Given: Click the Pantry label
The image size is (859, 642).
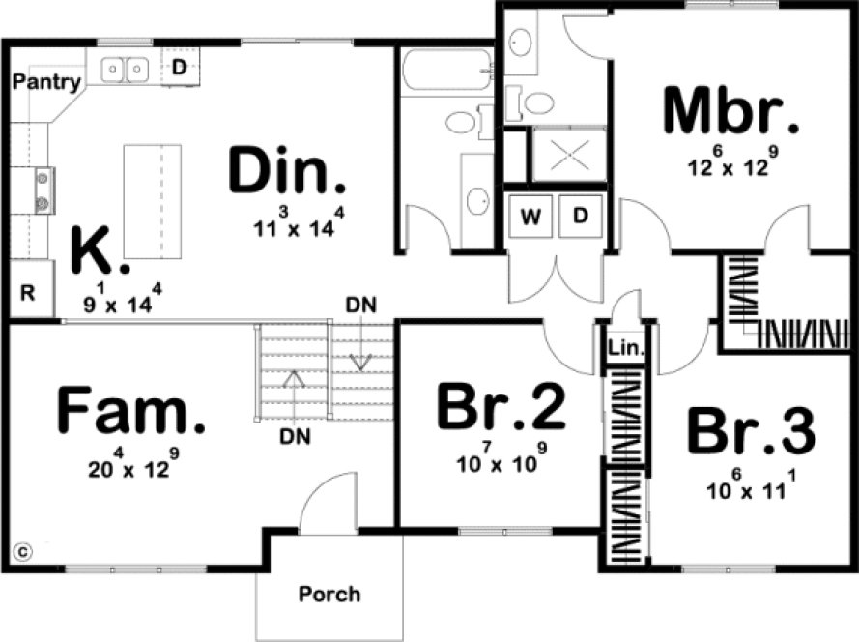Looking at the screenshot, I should point(45,82).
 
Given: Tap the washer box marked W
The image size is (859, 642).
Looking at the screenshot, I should point(530,216).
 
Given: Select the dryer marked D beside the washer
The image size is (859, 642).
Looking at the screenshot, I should point(581,216).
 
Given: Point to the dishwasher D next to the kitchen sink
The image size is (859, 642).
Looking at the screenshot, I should point(179,68).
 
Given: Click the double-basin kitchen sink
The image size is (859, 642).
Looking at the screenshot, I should point(127,69).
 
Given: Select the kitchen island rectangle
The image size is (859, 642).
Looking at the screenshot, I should point(152,200).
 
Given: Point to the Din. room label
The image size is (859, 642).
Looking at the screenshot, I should point(287,171).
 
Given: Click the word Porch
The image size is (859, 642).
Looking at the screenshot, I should point(329,593).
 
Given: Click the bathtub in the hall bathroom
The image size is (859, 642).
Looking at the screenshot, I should point(445,71).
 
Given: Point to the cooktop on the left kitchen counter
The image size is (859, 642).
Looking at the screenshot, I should point(44,190).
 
